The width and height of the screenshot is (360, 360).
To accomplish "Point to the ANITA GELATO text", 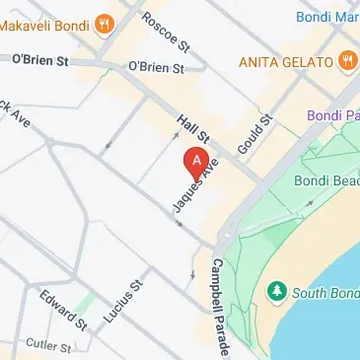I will (286, 62).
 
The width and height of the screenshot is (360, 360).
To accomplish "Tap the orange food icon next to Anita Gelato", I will (346, 62).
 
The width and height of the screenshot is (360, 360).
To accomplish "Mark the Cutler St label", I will (49, 346).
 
